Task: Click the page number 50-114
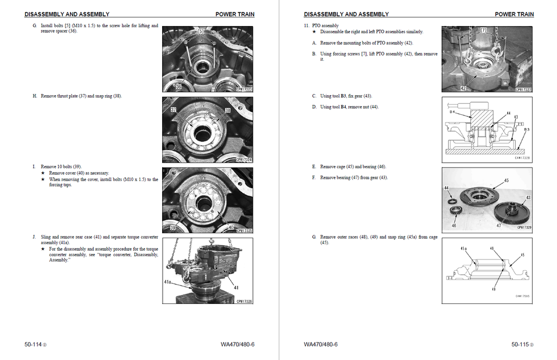pos(33,344)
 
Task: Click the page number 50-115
pos(520,344)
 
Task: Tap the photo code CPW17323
pos(244,89)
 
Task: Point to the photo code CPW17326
pos(244,301)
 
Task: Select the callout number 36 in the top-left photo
pos(178,86)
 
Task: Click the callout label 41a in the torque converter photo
pos(169,282)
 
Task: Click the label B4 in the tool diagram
pos(452,111)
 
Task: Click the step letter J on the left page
pos(35,237)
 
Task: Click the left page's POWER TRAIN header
pos(234,14)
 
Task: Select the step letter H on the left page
pos(35,96)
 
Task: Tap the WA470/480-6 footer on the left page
pos(238,344)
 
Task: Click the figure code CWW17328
pos(522,158)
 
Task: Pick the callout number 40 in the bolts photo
pos(231,227)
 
